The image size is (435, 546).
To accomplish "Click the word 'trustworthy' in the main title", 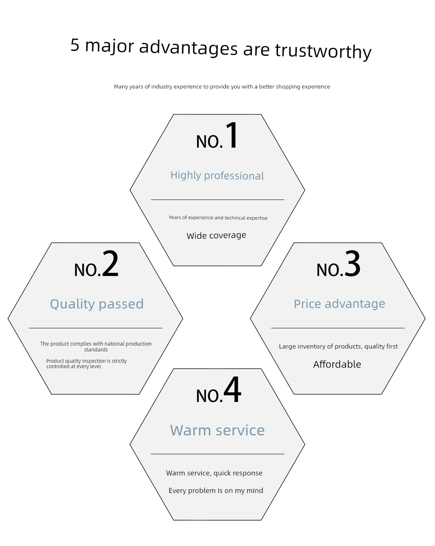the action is (x=323, y=51).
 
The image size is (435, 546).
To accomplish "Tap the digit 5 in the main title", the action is (x=75, y=45).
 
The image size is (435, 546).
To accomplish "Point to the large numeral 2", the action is (x=110, y=263).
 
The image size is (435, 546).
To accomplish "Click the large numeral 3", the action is (x=352, y=263).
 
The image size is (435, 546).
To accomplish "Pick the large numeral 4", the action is (x=232, y=389).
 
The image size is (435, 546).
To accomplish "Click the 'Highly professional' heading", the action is (x=217, y=175).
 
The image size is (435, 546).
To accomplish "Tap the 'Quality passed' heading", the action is (x=97, y=304).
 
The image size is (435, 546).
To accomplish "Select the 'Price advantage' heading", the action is (x=339, y=304).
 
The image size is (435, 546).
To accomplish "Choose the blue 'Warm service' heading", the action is (x=217, y=430).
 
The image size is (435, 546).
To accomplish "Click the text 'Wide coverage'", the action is (x=216, y=235).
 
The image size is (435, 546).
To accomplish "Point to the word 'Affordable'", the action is (x=337, y=364).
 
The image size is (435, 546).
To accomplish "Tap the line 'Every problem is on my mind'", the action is (x=216, y=490).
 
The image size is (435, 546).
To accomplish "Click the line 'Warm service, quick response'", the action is (x=214, y=473).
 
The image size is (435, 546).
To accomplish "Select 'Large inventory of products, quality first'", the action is (x=338, y=346).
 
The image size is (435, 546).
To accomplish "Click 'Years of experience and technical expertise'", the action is (x=218, y=217).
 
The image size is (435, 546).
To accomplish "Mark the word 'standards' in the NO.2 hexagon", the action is (x=96, y=350).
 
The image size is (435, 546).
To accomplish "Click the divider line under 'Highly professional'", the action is (x=217, y=200).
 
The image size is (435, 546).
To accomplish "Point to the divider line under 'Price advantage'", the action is (x=338, y=328).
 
